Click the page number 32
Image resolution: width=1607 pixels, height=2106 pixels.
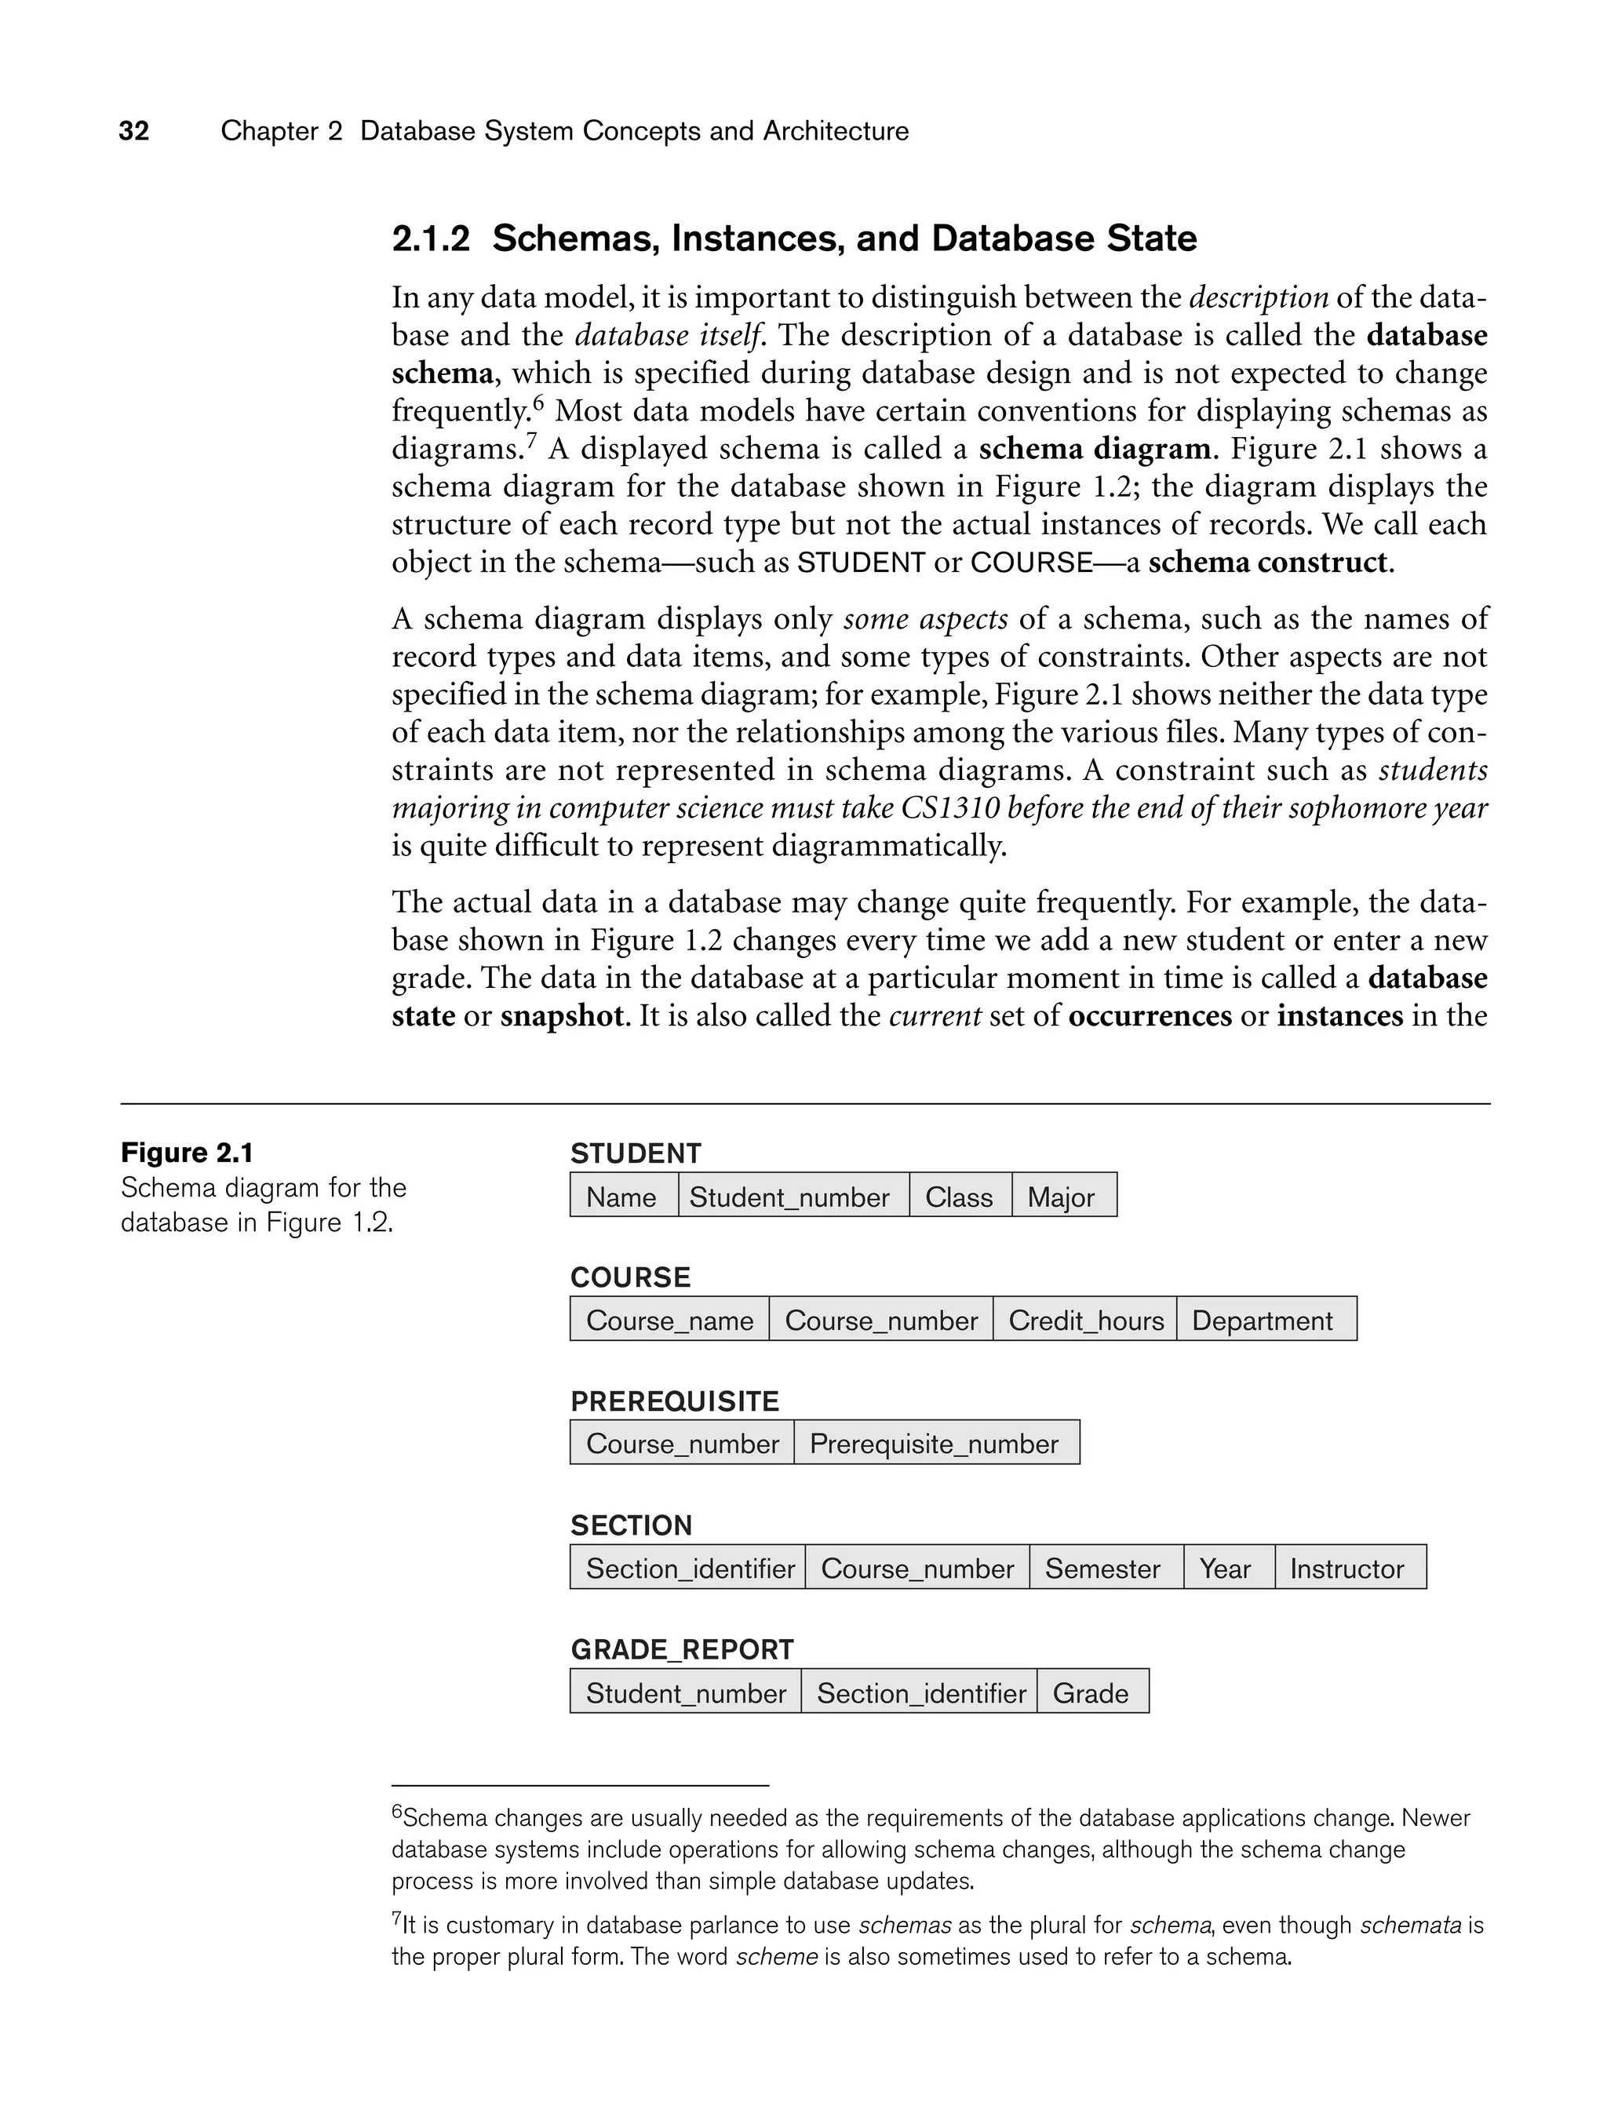tap(134, 131)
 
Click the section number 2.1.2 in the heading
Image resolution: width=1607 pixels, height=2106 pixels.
tap(431, 239)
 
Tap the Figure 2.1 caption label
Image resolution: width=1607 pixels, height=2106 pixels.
tap(187, 1153)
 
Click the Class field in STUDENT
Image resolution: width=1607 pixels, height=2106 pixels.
tap(960, 1197)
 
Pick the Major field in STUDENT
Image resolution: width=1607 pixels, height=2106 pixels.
tap(1062, 1197)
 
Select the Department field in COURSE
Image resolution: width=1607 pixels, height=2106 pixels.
tap(1262, 1321)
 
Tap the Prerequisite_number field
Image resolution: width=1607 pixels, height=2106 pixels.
tap(935, 1445)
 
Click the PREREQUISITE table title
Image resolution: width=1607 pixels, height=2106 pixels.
tap(674, 1402)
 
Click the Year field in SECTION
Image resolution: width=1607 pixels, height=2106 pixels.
tap(1226, 1569)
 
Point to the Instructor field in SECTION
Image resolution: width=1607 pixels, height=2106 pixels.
tap(1346, 1569)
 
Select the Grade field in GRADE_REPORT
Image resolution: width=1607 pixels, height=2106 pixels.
tap(1091, 1694)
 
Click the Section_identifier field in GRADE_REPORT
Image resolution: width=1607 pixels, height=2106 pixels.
tap(921, 1694)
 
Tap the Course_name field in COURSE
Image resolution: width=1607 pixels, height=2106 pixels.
tap(669, 1321)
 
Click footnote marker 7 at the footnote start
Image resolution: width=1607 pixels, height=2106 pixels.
tap(396, 1918)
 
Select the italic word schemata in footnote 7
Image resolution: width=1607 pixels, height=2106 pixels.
tap(1410, 1926)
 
